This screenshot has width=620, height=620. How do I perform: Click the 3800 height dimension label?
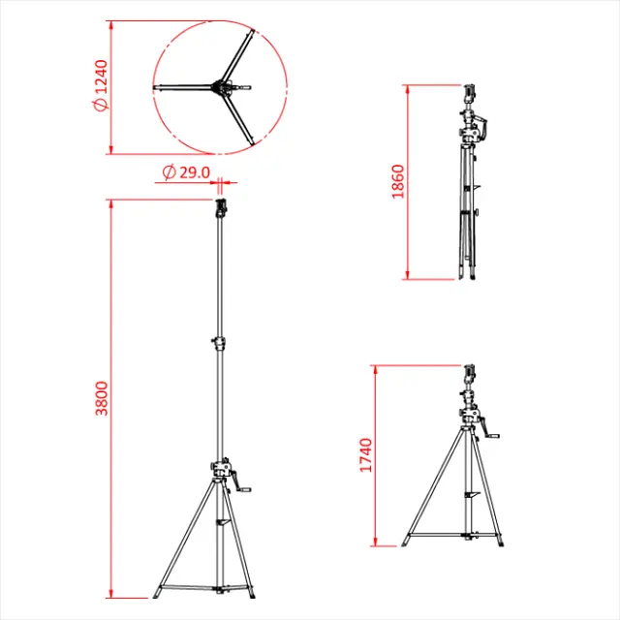[101, 398]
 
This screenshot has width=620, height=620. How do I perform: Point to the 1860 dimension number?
[397, 181]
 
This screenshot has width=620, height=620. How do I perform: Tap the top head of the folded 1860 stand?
[471, 93]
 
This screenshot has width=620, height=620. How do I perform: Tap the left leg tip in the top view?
[157, 91]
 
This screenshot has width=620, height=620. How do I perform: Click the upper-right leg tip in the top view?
[255, 33]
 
